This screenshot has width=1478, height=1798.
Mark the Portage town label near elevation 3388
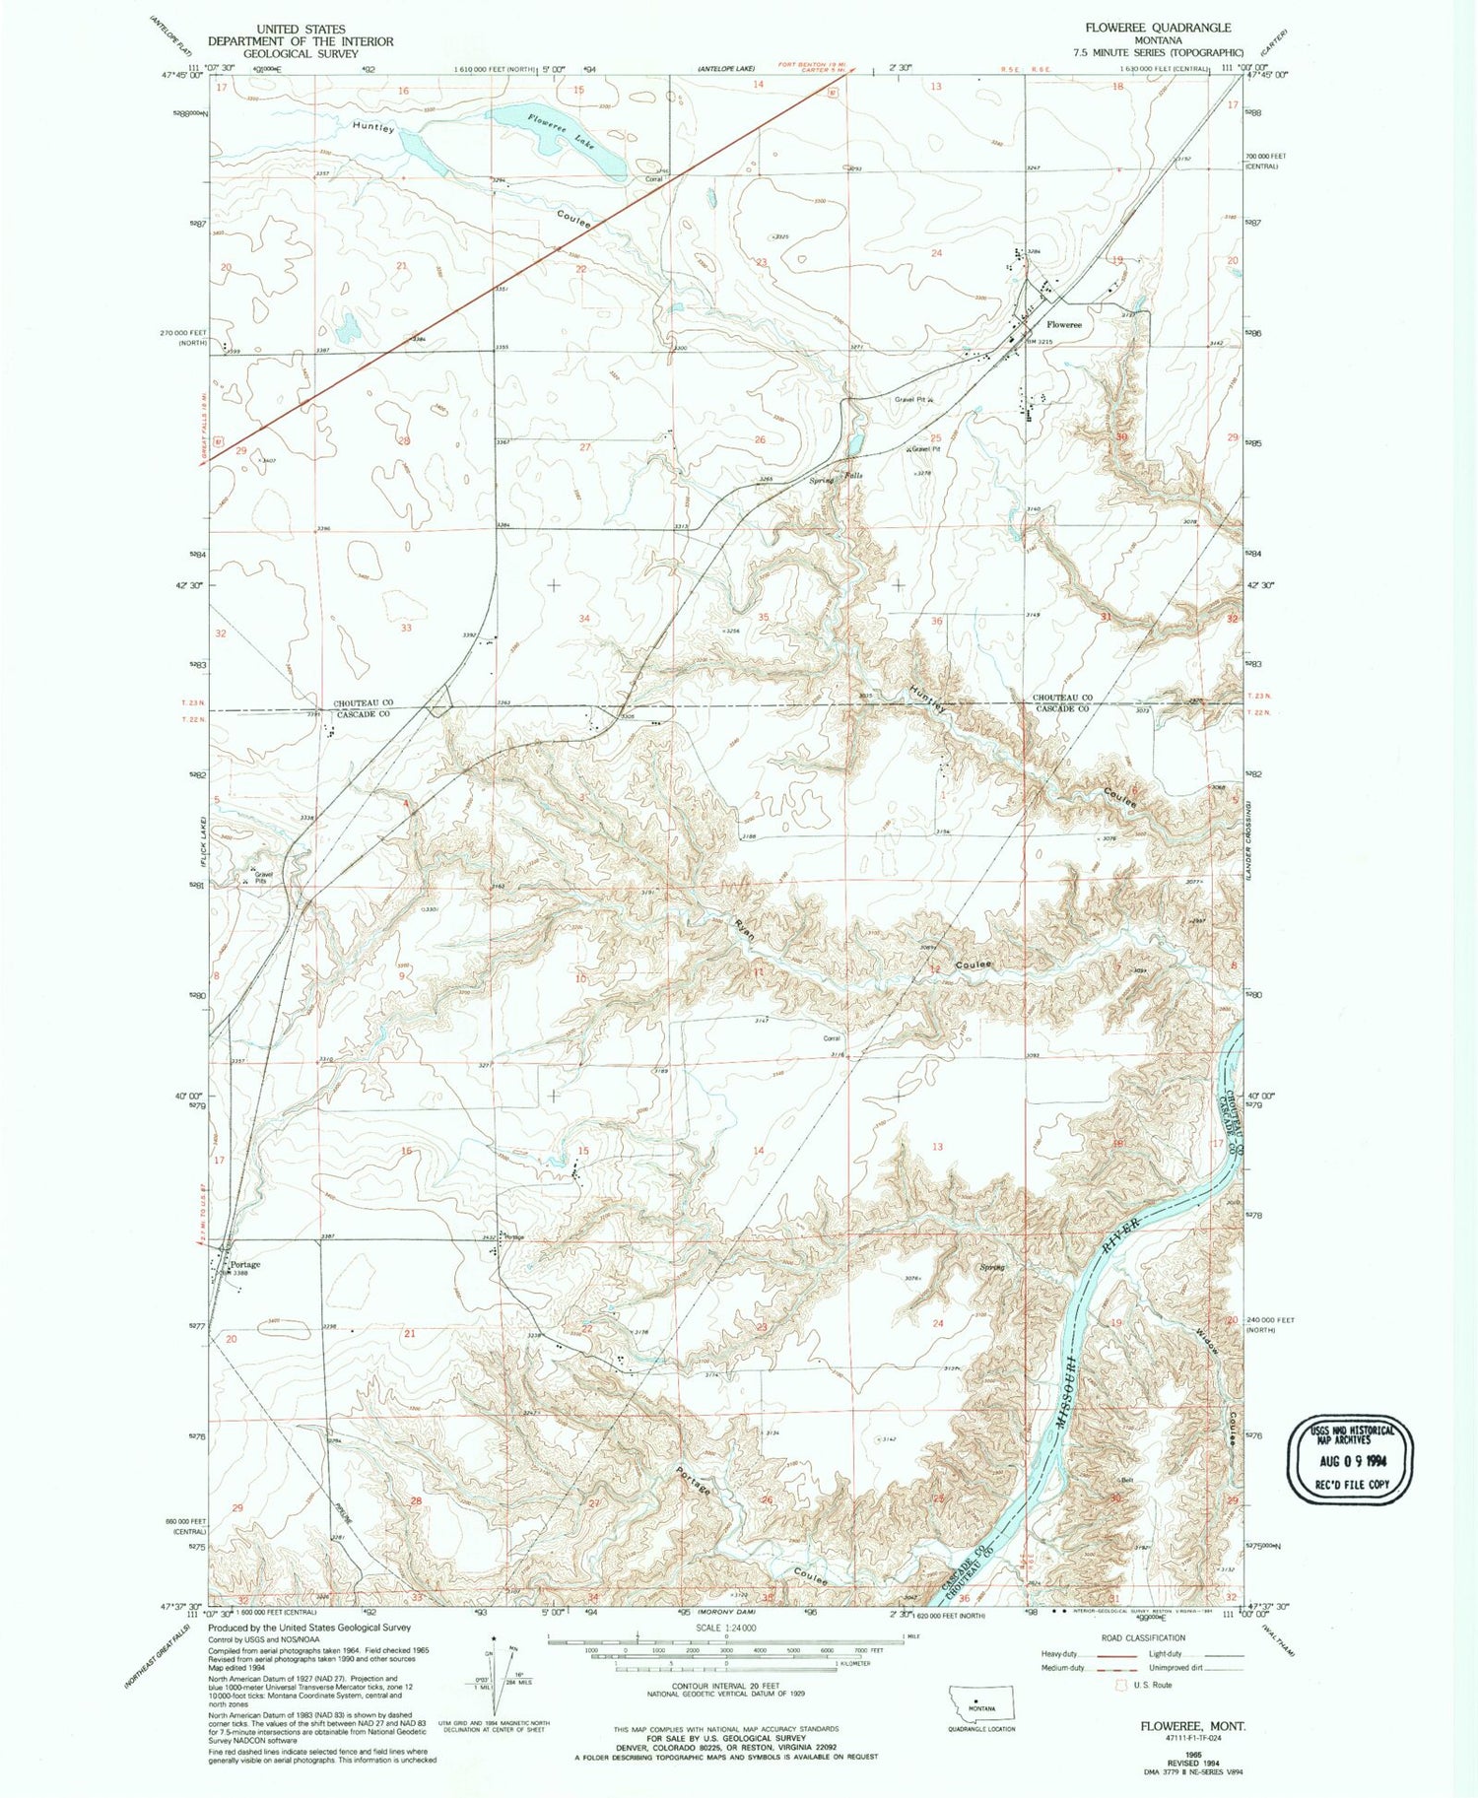point(244,1264)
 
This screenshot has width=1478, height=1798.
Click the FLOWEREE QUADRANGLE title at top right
point(1157,28)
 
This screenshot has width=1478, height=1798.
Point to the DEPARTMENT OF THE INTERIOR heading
point(300,41)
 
